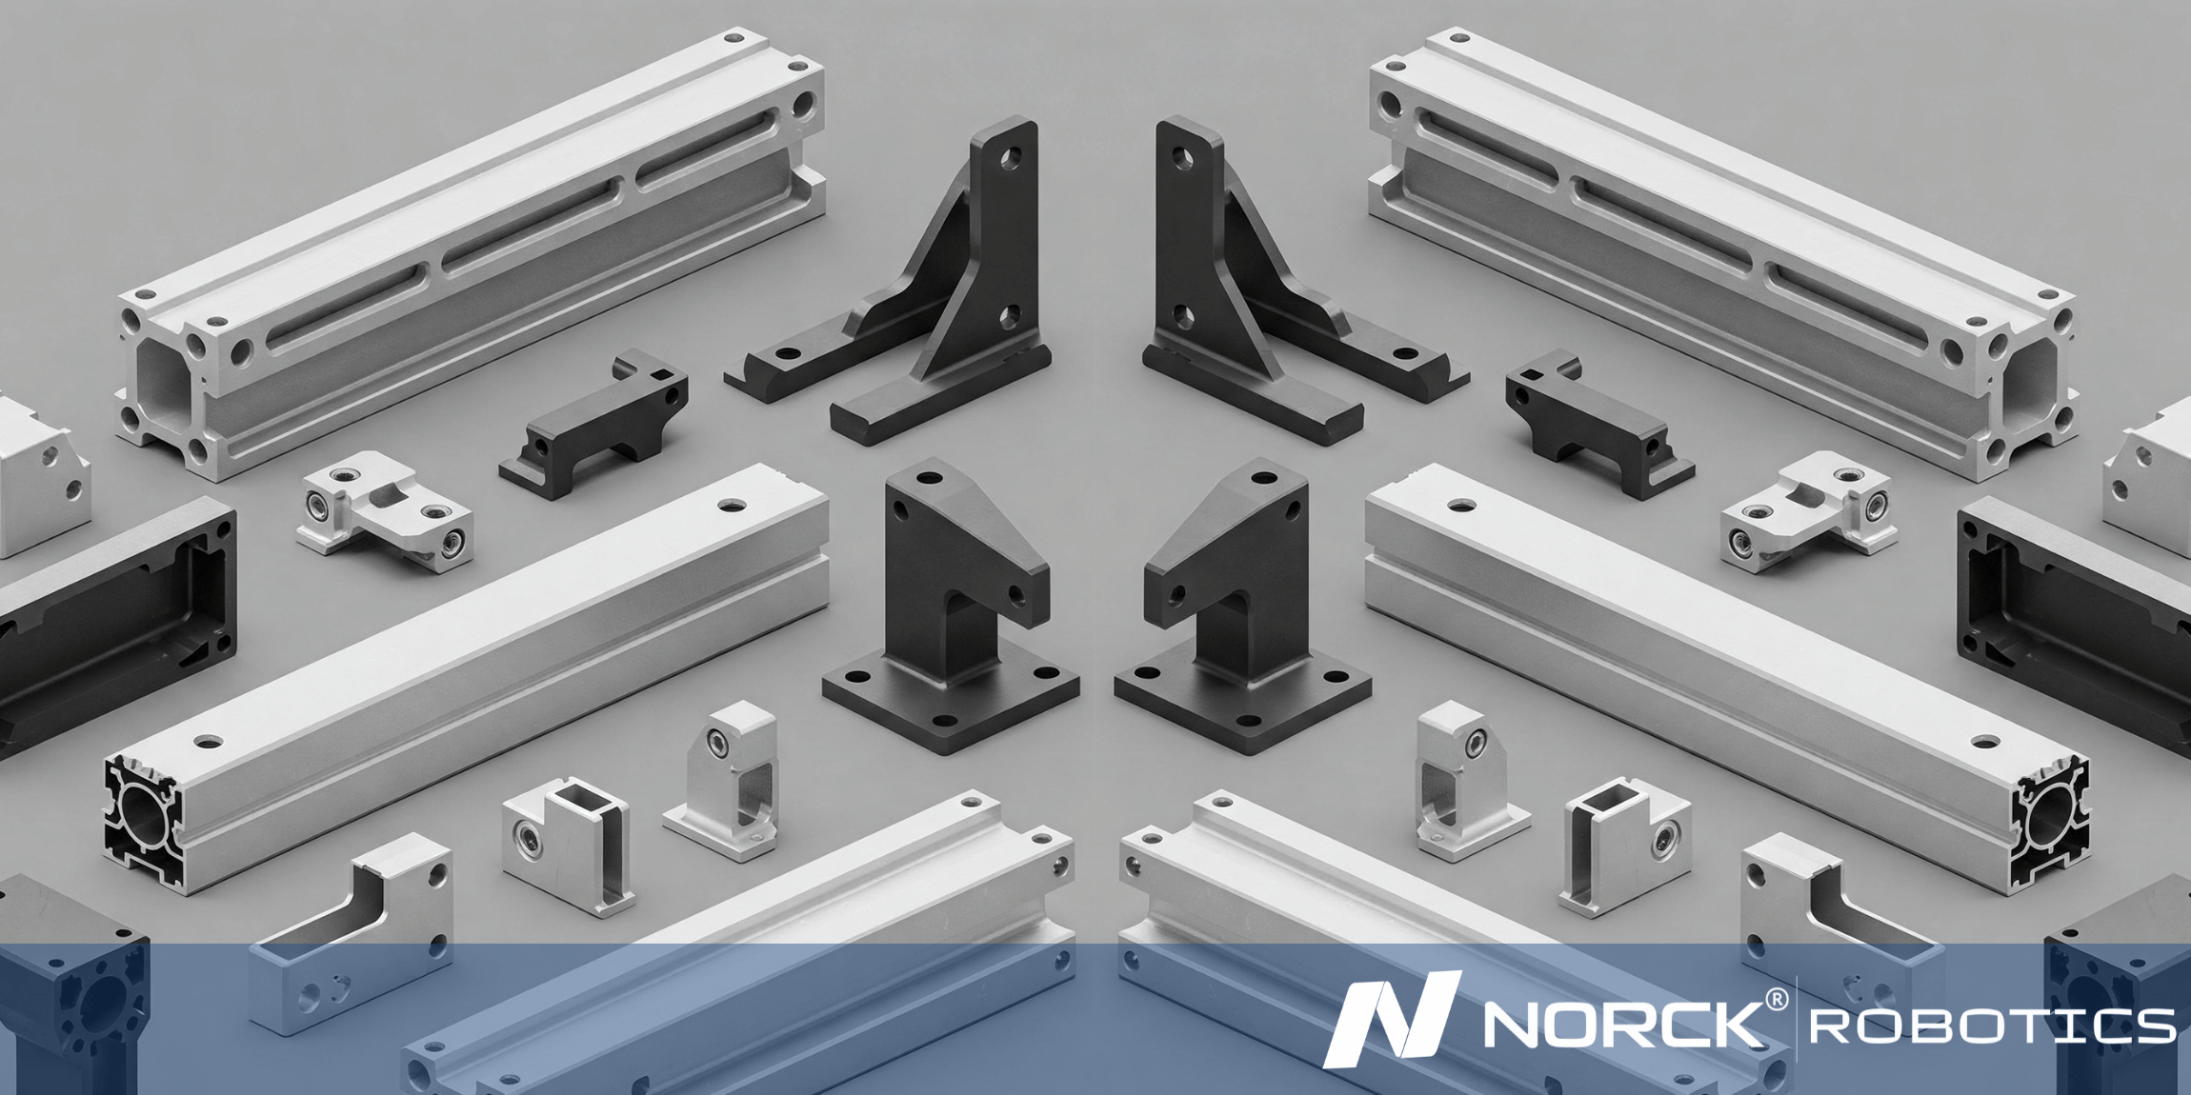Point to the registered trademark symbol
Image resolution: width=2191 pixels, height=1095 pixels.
tap(1777, 1000)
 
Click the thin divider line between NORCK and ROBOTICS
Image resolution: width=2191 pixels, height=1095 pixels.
tap(1797, 1019)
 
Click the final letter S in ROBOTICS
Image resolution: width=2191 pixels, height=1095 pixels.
tap(2154, 1026)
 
